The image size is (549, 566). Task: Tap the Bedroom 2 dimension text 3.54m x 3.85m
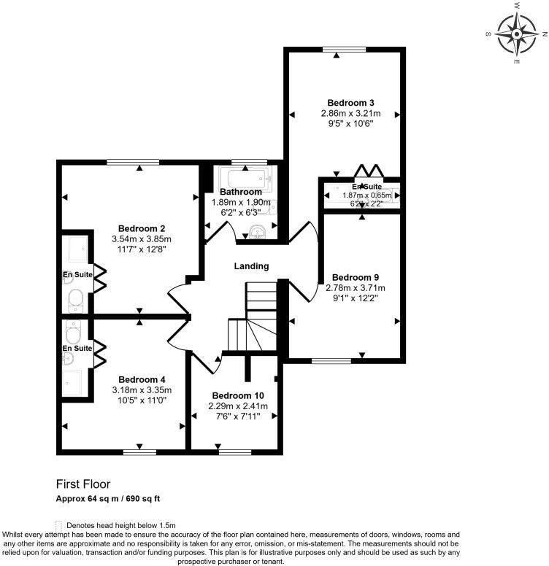(x=142, y=239)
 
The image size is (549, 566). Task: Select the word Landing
(x=251, y=266)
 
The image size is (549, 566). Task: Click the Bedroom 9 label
(x=356, y=277)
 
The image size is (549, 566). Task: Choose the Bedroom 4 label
(x=142, y=379)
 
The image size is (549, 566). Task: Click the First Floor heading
(x=83, y=484)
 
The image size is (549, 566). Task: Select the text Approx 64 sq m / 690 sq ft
(x=108, y=499)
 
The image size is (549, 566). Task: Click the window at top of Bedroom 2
(x=128, y=163)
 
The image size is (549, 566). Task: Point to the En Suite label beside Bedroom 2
(x=77, y=275)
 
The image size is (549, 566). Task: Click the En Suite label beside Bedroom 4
(x=77, y=349)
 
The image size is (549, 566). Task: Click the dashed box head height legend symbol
(x=58, y=525)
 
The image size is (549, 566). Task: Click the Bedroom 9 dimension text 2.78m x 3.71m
(x=356, y=288)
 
